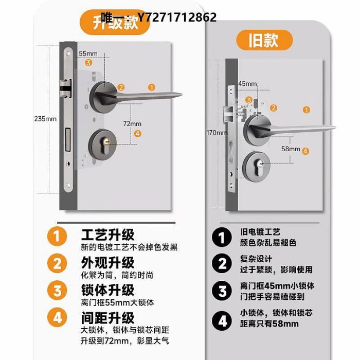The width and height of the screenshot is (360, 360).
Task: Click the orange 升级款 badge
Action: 115,22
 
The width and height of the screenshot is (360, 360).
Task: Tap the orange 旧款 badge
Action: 264,40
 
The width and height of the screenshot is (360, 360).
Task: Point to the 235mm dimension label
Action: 45,119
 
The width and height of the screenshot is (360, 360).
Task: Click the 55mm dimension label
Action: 88,53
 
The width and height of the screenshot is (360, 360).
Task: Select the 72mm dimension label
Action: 132,123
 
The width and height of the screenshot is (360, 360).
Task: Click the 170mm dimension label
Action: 217,133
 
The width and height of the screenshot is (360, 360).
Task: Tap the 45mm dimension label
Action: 247,83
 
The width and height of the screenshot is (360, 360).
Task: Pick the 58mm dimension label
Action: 291,149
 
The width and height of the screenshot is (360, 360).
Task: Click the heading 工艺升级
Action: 107,235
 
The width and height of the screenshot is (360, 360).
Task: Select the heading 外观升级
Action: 107,262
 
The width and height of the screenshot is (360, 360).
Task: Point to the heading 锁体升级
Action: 107,290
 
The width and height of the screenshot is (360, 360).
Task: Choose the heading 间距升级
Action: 107,318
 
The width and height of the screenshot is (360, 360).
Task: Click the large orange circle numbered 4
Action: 57,318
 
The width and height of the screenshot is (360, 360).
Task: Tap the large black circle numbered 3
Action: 222,291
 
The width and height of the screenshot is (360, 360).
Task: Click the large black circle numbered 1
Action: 222,237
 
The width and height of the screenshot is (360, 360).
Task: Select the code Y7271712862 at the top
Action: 176,17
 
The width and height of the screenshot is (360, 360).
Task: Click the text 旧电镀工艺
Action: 260,232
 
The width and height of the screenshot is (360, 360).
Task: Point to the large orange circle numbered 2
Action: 57,263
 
